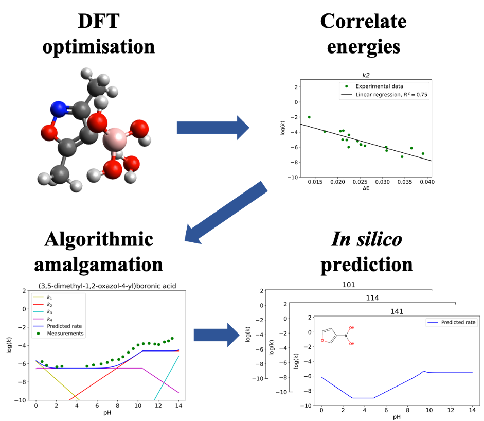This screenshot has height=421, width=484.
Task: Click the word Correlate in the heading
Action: pyautogui.click(x=363, y=22)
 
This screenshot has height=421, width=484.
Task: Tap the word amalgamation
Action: pyautogui.click(x=105, y=264)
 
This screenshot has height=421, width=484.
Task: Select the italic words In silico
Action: pyautogui.click(x=366, y=239)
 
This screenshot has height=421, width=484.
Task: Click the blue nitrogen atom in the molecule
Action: pyautogui.click(x=60, y=109)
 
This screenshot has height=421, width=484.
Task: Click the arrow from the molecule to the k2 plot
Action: pyautogui.click(x=213, y=127)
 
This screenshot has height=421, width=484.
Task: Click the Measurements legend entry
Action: pyautogui.click(x=65, y=333)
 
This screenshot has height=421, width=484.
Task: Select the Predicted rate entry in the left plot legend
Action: pyautogui.click(x=65, y=325)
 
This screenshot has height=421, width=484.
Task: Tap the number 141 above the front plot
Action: pyautogui.click(x=396, y=311)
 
